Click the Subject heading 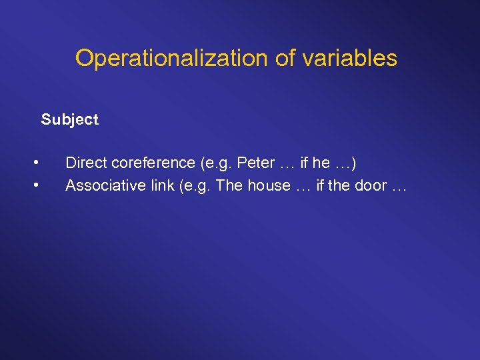(x=69, y=120)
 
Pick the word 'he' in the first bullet (x=321, y=163)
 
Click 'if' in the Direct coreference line (x=305, y=163)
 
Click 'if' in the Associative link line (x=321, y=185)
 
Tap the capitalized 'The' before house (x=230, y=185)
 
